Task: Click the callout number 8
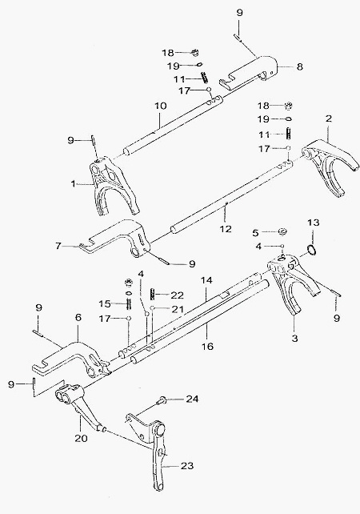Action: tap(300, 66)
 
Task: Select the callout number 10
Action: tap(161, 106)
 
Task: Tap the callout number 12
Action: tap(226, 228)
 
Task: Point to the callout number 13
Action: tap(313, 223)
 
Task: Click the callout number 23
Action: tap(187, 465)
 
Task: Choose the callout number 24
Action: tap(192, 399)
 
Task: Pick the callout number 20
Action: tap(81, 438)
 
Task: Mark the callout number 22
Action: tap(178, 295)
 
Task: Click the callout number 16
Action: tap(208, 346)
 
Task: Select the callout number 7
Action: tap(58, 245)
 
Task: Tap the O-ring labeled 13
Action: tap(313, 250)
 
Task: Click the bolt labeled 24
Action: tap(162, 400)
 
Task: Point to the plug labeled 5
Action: tap(282, 231)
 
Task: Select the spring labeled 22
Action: tap(153, 292)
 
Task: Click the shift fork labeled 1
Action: tap(114, 187)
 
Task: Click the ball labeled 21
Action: tap(152, 307)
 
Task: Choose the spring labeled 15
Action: tap(129, 304)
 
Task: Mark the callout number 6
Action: tap(78, 317)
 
